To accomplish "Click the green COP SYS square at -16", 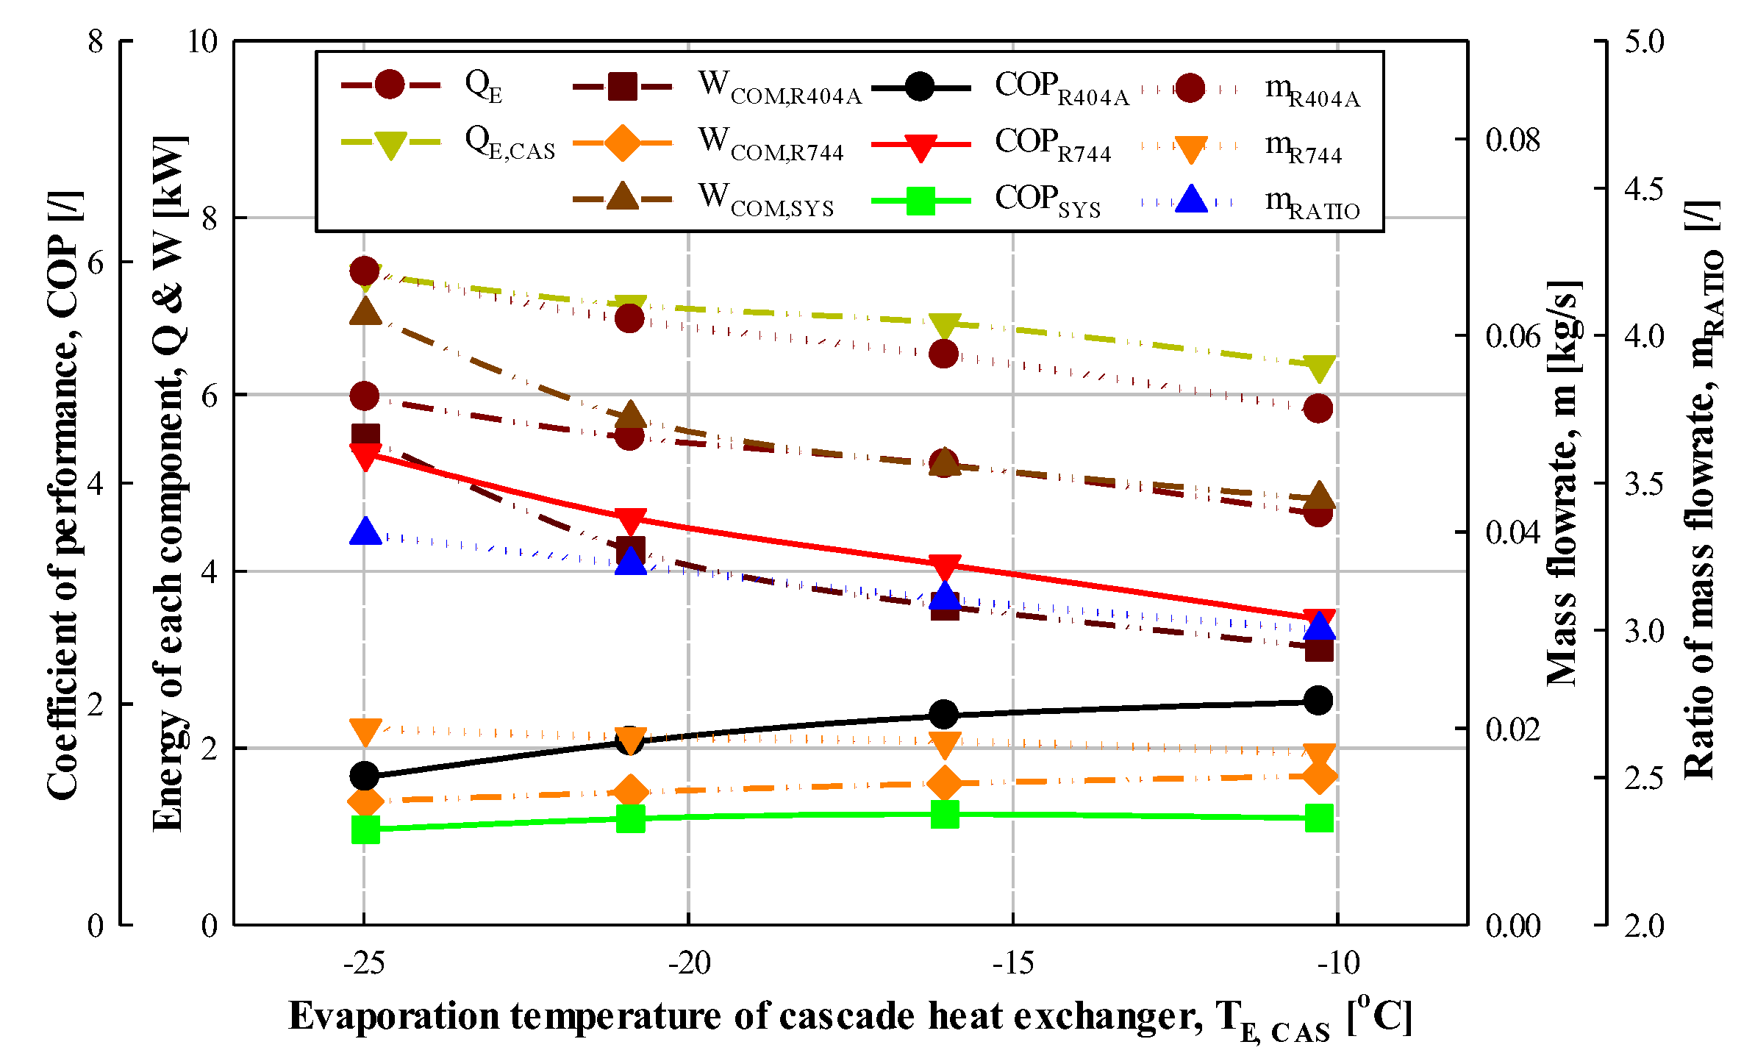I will pos(944,814).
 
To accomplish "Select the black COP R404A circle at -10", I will pos(1318,700).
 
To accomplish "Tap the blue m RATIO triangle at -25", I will pos(365,532).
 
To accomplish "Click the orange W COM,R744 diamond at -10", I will pos(1318,776).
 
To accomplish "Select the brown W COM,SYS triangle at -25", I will pos(365,312).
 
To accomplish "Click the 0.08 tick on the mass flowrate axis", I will pos(1512,140).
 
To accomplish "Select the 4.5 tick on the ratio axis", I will pos(1643,189).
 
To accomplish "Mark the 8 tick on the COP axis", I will pos(96,41).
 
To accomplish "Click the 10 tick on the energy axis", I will pos(203,41).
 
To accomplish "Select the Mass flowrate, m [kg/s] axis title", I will pos(1563,483).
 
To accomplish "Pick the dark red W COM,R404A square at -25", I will pos(365,436).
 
